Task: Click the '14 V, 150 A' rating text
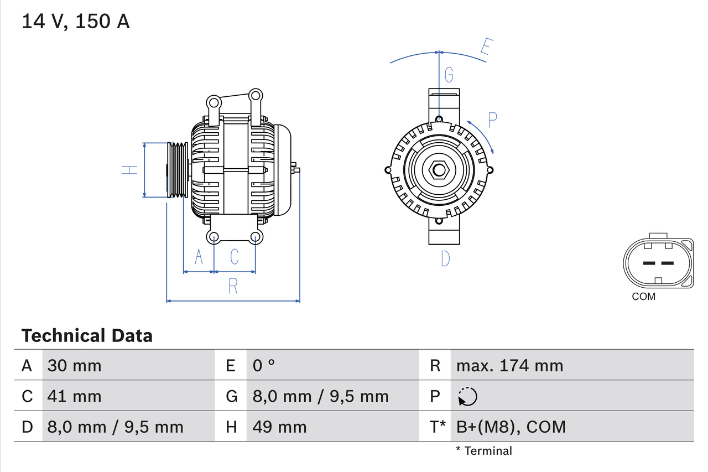76,21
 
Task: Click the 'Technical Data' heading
87,335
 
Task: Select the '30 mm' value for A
75,365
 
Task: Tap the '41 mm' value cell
75,396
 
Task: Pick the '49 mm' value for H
279,427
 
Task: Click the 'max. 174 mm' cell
509,365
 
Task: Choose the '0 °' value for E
264,365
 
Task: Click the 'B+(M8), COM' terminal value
511,427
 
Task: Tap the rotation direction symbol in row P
467,396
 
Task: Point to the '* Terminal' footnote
484,451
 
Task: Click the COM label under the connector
643,297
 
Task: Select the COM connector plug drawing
658,263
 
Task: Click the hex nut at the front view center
439,170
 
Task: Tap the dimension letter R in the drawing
233,286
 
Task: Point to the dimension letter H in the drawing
129,170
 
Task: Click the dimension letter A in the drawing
199,256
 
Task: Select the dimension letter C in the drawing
234,256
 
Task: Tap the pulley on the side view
178,170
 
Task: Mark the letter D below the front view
445,258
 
